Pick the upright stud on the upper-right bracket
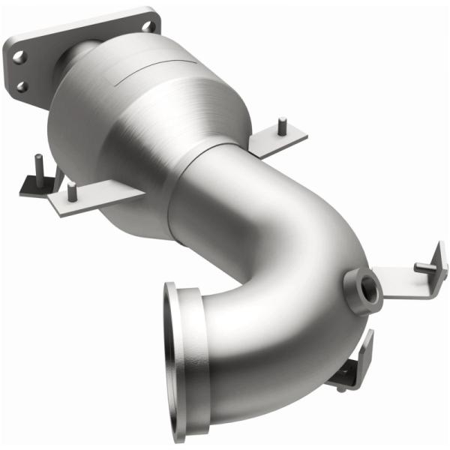[x=282, y=125]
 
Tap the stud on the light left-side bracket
[x=71, y=191]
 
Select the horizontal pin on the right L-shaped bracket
[x=429, y=265]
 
